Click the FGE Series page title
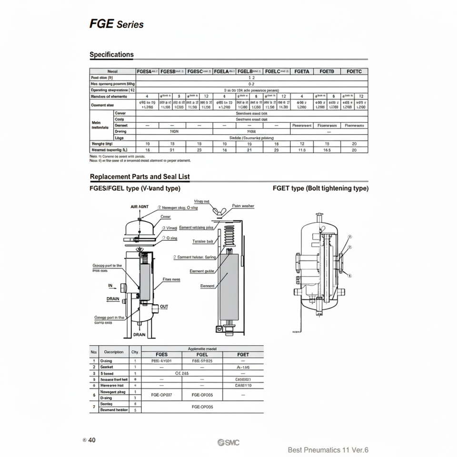pos(116,23)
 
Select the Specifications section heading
pos(111,54)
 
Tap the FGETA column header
pos(301,71)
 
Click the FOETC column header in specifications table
pos(354,71)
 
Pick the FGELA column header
pos(224,71)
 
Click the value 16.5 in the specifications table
pos(327,149)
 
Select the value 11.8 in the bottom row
pos(301,149)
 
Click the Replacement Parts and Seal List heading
pos(139,177)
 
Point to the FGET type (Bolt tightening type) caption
pos(320,189)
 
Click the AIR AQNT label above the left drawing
pos(139,207)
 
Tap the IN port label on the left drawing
pos(111,286)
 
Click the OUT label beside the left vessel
pos(164,307)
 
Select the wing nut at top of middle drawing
pos(220,211)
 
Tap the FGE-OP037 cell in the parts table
pos(161,395)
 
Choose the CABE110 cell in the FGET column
pos(243,386)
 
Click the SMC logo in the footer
pos(228,443)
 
